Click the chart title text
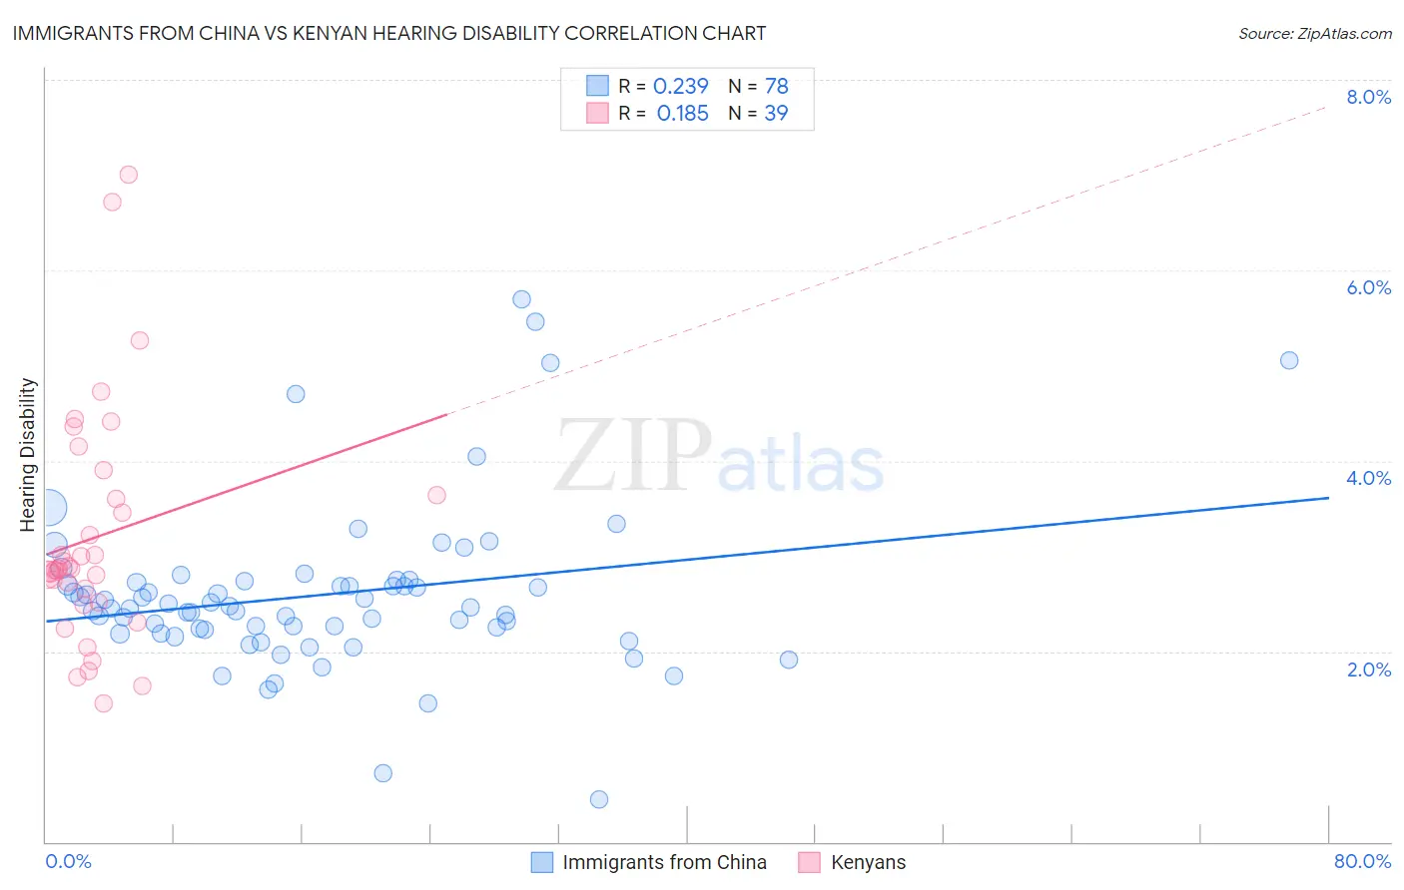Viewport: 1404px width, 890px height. (x=389, y=33)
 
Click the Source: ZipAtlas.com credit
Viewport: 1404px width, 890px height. (x=1314, y=33)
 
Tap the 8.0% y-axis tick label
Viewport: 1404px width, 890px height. (x=1368, y=97)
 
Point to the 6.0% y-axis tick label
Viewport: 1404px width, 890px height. (x=1368, y=287)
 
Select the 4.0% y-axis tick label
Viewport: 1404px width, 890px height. (x=1368, y=478)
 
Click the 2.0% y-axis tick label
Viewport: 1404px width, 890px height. (x=1368, y=669)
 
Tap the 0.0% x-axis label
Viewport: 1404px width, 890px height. (x=68, y=861)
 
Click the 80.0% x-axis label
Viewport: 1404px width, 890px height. (x=1362, y=861)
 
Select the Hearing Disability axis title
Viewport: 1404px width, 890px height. (x=28, y=454)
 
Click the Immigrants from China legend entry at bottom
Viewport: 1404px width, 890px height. (x=664, y=862)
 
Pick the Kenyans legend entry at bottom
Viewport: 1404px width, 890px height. (x=868, y=862)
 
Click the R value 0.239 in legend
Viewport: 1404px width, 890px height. (x=680, y=87)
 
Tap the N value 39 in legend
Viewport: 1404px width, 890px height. (x=776, y=114)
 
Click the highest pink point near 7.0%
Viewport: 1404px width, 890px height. (x=128, y=175)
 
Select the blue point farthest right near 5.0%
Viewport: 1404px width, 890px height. (x=1289, y=360)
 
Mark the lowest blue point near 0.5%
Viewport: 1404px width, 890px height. (x=599, y=799)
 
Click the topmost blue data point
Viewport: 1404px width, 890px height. (x=521, y=299)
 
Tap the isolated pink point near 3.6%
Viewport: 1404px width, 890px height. (x=436, y=495)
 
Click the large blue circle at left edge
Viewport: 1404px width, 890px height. (x=48, y=508)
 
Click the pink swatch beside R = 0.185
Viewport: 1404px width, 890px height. (x=597, y=113)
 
